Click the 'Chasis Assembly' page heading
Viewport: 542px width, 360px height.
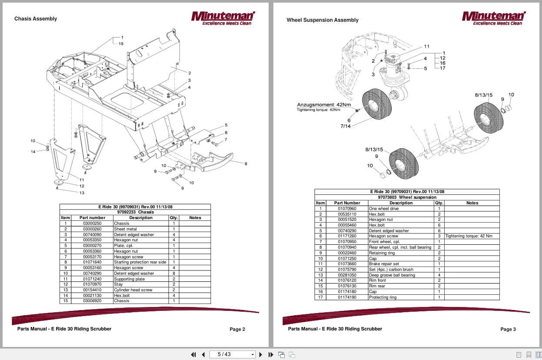[x=36, y=19]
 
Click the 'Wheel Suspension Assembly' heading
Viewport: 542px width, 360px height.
[x=323, y=20]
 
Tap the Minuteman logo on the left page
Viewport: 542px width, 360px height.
[x=223, y=18]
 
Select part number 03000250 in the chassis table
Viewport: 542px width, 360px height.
[x=92, y=223]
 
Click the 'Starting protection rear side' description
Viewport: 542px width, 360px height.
[x=140, y=262]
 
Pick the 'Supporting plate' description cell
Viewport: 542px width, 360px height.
[x=130, y=279]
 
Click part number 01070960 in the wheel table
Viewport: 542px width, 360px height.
[x=347, y=209]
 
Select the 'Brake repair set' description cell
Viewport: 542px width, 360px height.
[x=384, y=264]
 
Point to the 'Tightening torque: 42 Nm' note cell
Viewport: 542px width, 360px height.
[x=469, y=236]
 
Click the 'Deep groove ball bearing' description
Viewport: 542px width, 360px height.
[x=392, y=275]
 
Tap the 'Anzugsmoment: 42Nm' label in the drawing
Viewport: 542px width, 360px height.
[x=324, y=105]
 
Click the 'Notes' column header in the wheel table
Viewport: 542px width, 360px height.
[x=472, y=203]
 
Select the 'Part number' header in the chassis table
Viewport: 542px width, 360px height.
[x=92, y=218]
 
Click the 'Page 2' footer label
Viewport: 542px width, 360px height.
[x=237, y=330]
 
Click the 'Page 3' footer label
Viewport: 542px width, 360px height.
[x=508, y=330]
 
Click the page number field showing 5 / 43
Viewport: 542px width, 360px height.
[x=232, y=354]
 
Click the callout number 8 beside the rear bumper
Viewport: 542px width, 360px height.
[x=246, y=164]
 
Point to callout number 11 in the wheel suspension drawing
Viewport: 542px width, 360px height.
[x=426, y=47]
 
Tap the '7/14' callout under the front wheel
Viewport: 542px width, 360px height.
[x=345, y=126]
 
